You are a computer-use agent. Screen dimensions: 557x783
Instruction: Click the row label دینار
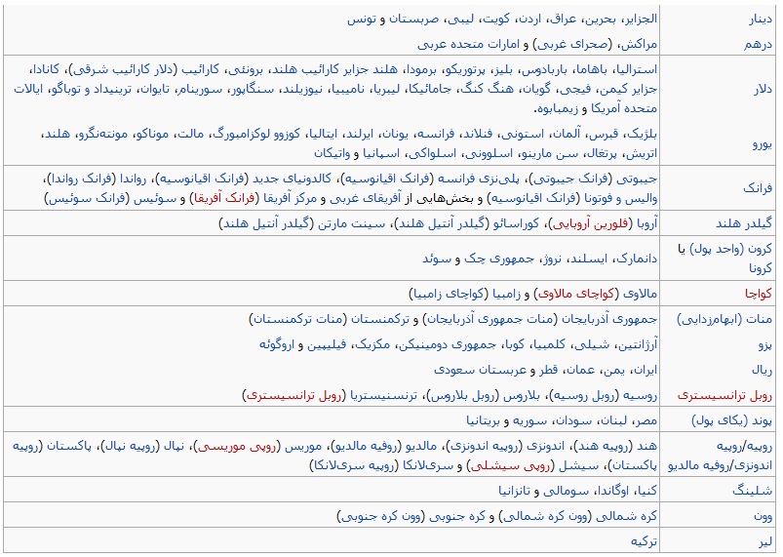[760, 19]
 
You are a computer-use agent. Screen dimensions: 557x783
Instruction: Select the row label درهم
[760, 44]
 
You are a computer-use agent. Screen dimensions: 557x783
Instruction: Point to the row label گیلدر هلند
[745, 223]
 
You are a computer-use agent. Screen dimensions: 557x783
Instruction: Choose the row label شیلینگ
[753, 490]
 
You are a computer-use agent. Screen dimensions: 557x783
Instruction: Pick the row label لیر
[766, 540]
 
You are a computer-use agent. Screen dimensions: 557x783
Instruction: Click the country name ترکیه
[646, 540]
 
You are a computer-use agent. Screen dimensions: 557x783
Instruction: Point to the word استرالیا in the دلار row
[634, 70]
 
